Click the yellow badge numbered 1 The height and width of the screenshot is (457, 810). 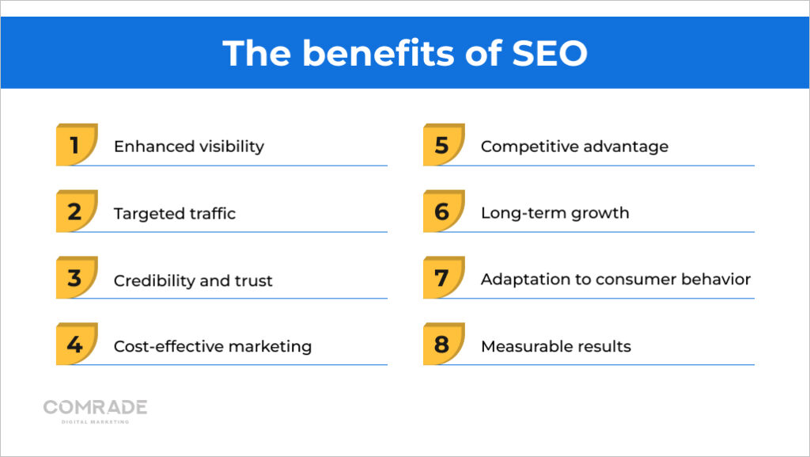coord(76,145)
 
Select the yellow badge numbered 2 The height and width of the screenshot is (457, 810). coord(76,211)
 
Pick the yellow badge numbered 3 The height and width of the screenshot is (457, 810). coord(76,278)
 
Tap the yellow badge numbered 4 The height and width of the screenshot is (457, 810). coord(76,345)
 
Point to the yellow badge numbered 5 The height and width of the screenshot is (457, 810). coord(443,145)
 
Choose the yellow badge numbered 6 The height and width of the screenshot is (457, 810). coord(443,211)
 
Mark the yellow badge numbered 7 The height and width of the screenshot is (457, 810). coord(443,278)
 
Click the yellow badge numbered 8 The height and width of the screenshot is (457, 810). coord(443,345)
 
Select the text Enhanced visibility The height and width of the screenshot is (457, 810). coord(188,147)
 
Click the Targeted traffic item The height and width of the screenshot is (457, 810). coord(174,214)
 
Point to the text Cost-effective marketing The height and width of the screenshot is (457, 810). coord(212,346)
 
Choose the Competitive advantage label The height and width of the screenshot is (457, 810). coord(574,147)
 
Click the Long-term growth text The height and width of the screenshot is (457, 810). coord(555,213)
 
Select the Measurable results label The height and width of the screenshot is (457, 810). coord(555,346)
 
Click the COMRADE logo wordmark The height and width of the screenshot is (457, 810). coord(95,407)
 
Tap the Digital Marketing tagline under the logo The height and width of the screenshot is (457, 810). coord(95,421)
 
